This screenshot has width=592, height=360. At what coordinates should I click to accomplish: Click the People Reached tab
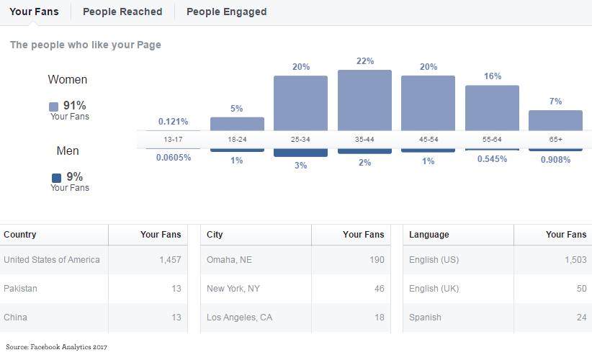pyautogui.click(x=122, y=12)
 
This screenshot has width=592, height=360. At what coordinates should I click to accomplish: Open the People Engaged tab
pyautogui.click(x=226, y=12)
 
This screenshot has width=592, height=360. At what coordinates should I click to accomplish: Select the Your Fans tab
pyautogui.click(x=34, y=12)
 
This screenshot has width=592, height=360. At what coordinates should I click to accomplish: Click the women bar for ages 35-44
pyautogui.click(x=364, y=100)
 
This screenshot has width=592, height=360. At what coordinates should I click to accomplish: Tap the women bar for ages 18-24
pyautogui.click(x=237, y=124)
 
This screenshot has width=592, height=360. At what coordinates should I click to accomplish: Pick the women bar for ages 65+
pyautogui.click(x=555, y=120)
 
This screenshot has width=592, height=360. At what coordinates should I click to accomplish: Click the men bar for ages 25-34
pyautogui.click(x=300, y=153)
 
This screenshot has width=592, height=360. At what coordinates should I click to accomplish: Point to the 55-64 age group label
pyautogui.click(x=492, y=139)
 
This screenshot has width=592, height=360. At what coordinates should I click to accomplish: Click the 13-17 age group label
pyautogui.click(x=173, y=139)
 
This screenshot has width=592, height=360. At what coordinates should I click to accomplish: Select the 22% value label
pyautogui.click(x=365, y=61)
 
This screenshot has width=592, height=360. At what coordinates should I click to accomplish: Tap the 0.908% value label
pyautogui.click(x=555, y=160)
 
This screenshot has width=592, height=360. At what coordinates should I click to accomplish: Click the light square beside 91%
pyautogui.click(x=54, y=106)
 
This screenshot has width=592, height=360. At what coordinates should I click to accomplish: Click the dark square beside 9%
pyautogui.click(x=56, y=177)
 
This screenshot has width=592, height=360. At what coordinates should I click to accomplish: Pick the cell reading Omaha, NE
pyautogui.click(x=230, y=259)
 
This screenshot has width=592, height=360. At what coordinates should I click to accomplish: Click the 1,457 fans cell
pyautogui.click(x=170, y=259)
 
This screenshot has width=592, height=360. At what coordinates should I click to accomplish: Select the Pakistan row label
pyautogui.click(x=20, y=288)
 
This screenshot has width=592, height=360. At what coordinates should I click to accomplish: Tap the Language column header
pyautogui.click(x=429, y=234)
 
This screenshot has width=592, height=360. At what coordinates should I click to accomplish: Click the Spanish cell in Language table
pyautogui.click(x=425, y=317)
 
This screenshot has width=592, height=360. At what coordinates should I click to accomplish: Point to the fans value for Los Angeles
pyautogui.click(x=377, y=317)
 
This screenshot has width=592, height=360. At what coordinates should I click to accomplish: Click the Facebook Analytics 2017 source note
pyautogui.click(x=56, y=347)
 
